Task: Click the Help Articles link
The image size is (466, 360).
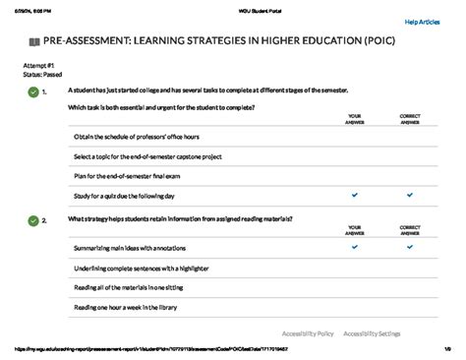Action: [423, 21]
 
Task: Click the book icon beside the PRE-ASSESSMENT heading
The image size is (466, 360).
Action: [35, 43]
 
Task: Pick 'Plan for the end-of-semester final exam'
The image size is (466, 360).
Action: [125, 176]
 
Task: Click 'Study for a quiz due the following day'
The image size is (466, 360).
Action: [124, 196]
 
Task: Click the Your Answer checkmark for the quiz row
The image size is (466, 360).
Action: [355, 196]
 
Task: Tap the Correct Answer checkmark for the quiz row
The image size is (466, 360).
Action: [410, 196]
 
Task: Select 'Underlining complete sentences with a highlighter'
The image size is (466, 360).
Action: [144, 268]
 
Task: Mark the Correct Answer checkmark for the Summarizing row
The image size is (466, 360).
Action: [410, 248]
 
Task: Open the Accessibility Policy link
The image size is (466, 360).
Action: [307, 333]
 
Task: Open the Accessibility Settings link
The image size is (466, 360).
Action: [372, 333]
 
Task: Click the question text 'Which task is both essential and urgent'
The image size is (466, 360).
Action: [161, 106]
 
